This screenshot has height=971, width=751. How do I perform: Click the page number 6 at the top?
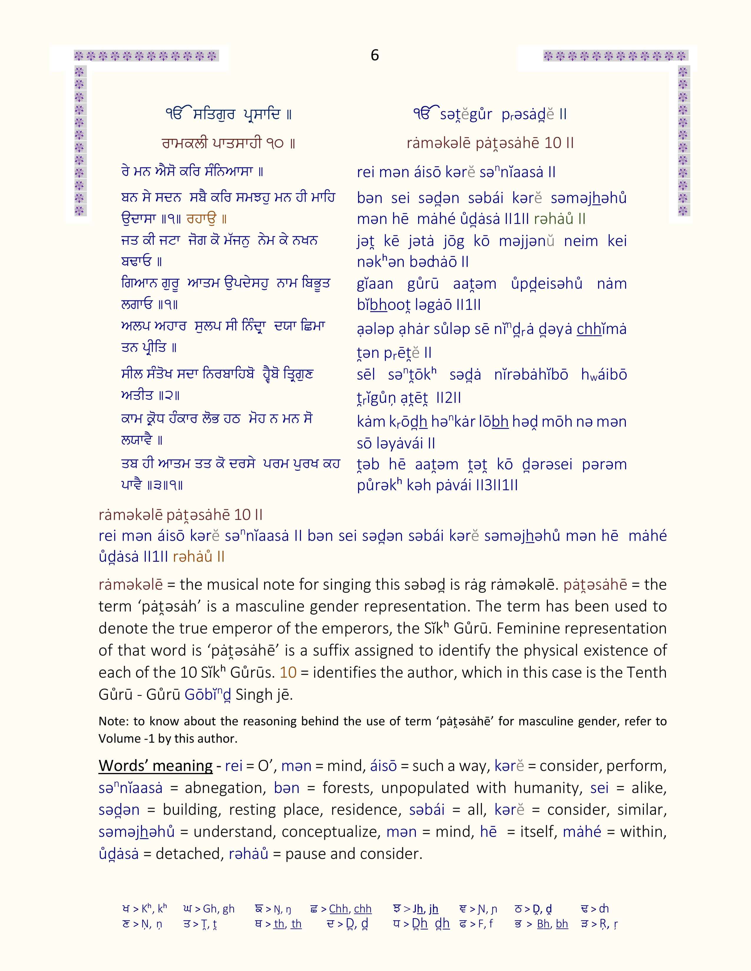[x=375, y=55]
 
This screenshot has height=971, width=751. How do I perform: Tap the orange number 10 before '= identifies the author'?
[x=288, y=672]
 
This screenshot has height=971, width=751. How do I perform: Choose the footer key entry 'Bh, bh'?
[x=552, y=924]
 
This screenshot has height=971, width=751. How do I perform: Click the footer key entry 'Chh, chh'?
[x=350, y=909]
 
